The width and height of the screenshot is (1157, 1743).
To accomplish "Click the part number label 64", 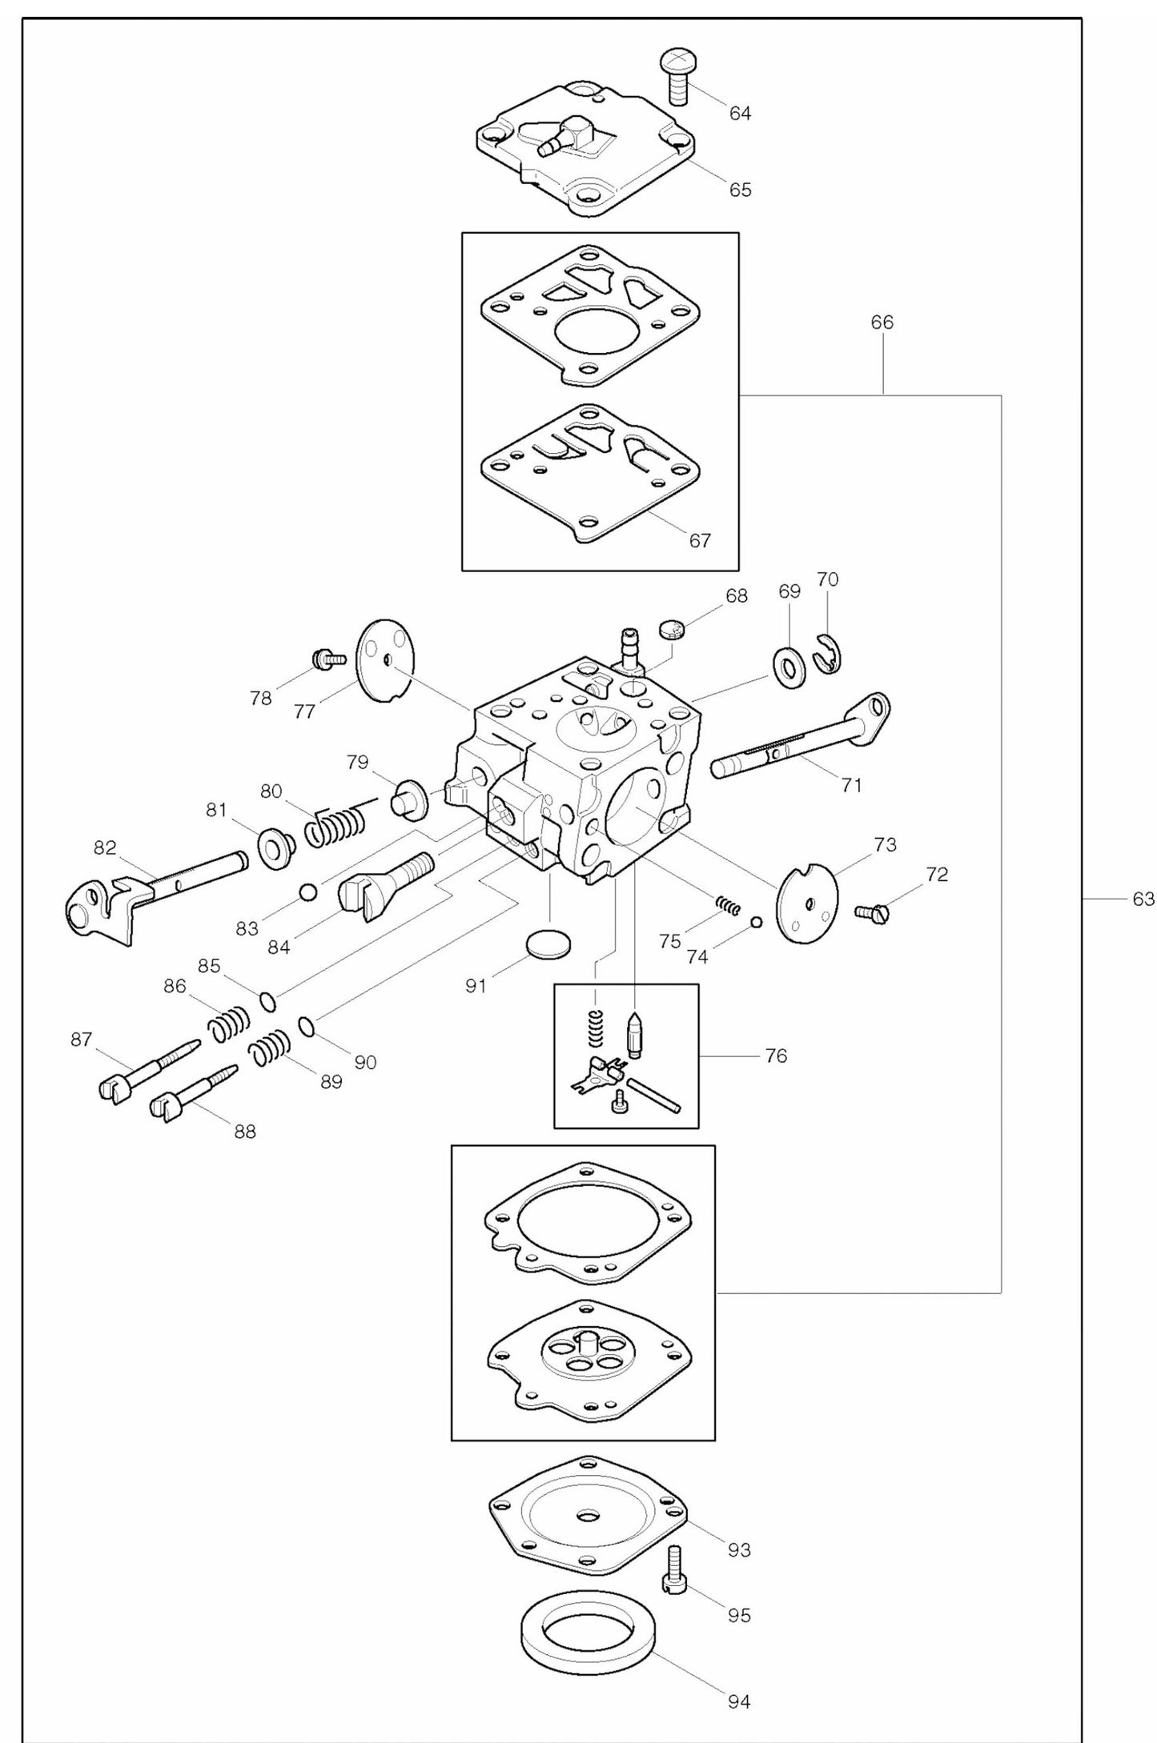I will coord(739,114).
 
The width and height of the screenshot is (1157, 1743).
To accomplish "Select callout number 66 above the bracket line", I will coord(882,323).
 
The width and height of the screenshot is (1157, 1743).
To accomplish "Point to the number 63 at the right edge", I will coord(1143,900).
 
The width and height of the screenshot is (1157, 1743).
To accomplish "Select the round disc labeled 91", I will coord(549,944).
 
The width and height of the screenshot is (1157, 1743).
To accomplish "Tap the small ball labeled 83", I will coord(308,892).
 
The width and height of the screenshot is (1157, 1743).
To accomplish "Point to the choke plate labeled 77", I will coord(385,661).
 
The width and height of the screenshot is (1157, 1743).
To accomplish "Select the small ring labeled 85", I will coord(268,1001).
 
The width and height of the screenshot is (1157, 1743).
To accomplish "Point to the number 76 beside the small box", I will coord(775,1056).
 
